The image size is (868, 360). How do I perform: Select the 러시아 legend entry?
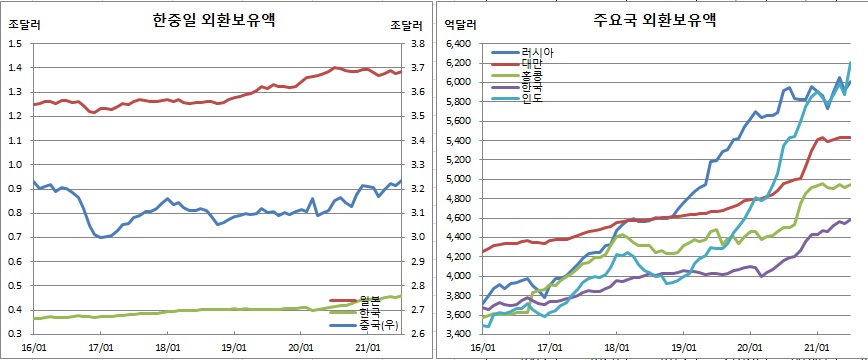(x=537, y=52)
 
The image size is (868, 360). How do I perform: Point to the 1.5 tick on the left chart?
(x=14, y=44)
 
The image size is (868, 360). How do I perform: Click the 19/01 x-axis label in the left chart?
(x=233, y=347)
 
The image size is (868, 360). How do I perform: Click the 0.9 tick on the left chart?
(x=14, y=189)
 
